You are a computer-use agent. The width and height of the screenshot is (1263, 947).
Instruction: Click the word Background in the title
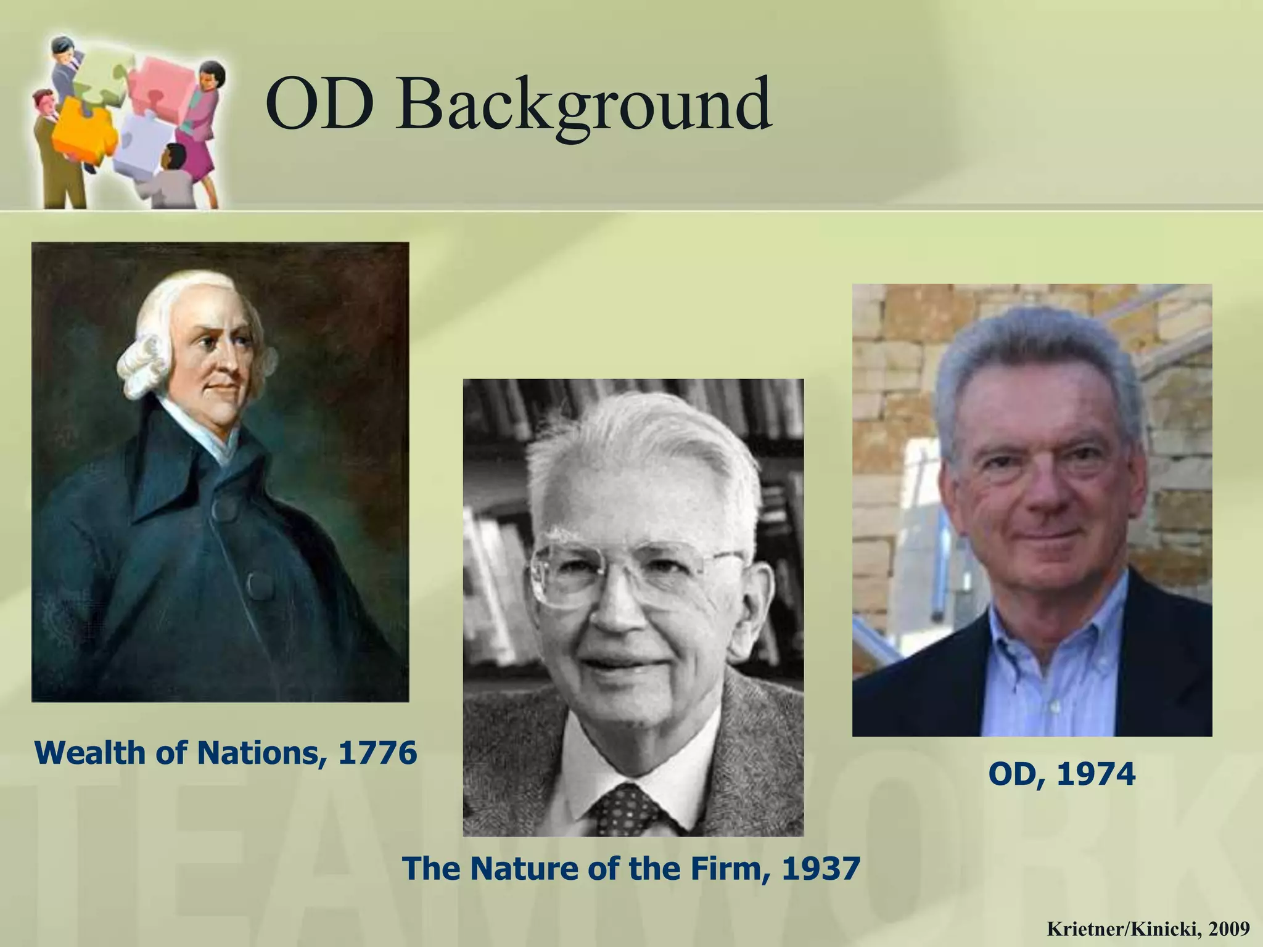tap(585, 105)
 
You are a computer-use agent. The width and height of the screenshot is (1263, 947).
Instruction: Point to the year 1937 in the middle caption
tap(821, 869)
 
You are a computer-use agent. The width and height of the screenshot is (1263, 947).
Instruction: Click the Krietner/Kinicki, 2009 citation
tap(1148, 929)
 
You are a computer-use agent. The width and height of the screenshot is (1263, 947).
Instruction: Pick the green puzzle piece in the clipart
tap(102, 77)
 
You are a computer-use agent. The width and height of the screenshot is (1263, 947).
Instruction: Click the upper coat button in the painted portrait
tap(224, 510)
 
